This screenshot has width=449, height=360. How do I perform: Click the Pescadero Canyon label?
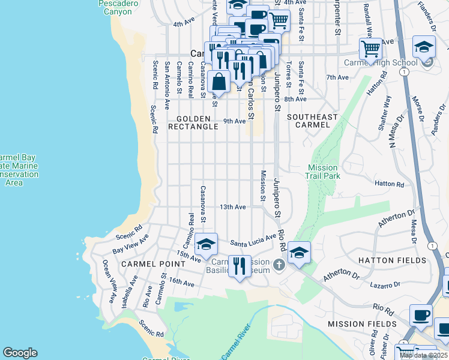[x=118, y=7]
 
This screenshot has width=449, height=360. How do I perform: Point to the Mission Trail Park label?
[x=324, y=172]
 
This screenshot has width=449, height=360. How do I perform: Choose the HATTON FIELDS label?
[x=392, y=260]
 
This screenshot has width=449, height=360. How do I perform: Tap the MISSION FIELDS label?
[x=362, y=324]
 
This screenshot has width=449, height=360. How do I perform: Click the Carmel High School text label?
[x=380, y=62]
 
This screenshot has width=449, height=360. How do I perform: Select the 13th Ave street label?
[x=233, y=207]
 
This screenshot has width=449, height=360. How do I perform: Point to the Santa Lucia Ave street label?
[x=253, y=241]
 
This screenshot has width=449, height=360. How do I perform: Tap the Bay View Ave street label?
[x=130, y=245]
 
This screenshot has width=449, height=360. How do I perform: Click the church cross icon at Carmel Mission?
[x=278, y=265]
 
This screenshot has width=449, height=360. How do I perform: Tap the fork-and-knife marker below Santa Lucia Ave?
[x=240, y=265]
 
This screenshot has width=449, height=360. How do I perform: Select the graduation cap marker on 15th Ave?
[x=206, y=244]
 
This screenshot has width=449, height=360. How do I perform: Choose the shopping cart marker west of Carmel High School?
[x=370, y=48]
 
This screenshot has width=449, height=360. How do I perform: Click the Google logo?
[x=20, y=353]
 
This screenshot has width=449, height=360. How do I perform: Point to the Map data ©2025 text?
[x=423, y=355]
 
